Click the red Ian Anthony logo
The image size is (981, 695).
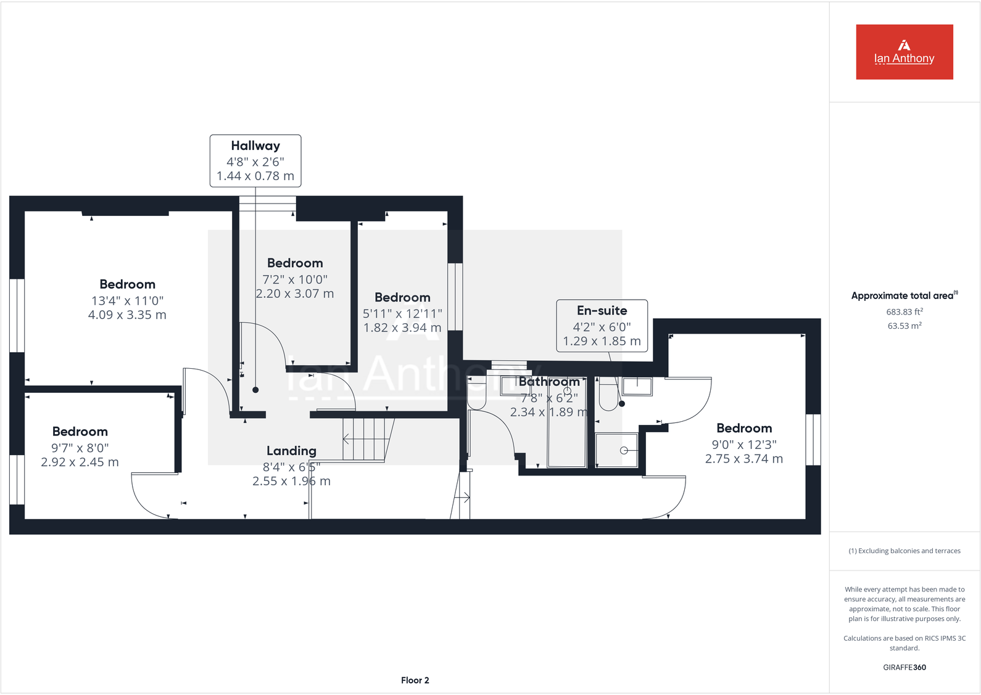(904, 52)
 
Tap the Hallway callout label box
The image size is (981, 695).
(255, 160)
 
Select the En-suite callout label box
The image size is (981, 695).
(602, 326)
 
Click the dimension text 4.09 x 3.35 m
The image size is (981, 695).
(127, 315)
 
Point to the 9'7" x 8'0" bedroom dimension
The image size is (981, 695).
(80, 448)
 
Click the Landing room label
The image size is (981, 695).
(291, 451)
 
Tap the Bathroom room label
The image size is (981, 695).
(549, 382)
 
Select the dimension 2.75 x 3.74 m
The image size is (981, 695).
(743, 459)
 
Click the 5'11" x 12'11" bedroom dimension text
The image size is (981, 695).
(402, 313)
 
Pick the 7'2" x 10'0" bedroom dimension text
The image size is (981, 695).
(295, 279)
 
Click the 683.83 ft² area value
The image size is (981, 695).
(904, 312)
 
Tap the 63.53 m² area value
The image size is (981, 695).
(904, 326)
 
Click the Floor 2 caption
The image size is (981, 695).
(415, 680)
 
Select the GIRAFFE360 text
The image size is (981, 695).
(904, 667)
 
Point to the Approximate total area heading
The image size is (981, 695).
(904, 295)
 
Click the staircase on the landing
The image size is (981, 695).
(368, 438)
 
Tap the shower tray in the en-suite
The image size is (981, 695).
(616, 450)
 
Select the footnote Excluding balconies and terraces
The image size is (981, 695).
(904, 551)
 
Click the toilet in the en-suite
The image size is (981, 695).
(608, 395)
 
